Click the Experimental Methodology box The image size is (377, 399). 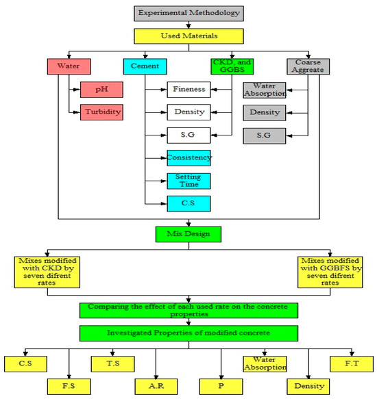(188, 14)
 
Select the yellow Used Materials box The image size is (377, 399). (188, 36)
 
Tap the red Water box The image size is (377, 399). (69, 66)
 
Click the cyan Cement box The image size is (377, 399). (145, 66)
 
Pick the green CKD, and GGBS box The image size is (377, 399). (232, 66)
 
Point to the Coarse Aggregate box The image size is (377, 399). (308, 66)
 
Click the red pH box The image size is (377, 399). (101, 90)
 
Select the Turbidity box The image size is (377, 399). (101, 112)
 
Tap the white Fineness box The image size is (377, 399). (189, 90)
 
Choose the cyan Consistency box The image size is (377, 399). (189, 158)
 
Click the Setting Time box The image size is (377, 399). (189, 181)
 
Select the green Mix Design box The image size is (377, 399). (188, 234)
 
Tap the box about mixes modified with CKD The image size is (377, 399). (47, 272)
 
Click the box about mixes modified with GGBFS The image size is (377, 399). (330, 272)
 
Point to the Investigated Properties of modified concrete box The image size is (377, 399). (188, 333)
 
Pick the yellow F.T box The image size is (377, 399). (352, 364)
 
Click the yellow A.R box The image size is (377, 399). (156, 387)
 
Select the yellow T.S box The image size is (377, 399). (112, 364)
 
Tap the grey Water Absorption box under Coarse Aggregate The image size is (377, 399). (265, 90)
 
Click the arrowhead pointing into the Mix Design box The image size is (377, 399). (188, 224)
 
